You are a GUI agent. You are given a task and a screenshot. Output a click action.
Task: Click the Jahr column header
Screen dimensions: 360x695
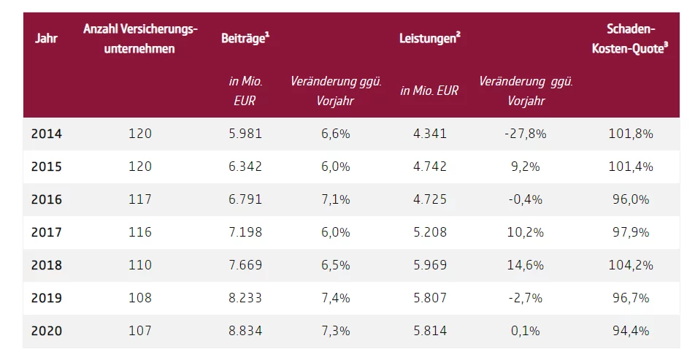point(46,38)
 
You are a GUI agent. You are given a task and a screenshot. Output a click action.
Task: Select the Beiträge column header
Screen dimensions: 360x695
point(245,38)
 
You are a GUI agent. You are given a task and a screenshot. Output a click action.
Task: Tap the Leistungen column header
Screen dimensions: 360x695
point(429,38)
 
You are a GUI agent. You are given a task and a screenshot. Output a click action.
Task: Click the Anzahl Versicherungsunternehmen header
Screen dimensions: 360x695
point(140,38)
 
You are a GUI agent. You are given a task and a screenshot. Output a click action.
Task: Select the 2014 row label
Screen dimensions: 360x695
point(47,134)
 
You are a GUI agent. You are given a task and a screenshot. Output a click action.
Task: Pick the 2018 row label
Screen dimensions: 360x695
point(47,265)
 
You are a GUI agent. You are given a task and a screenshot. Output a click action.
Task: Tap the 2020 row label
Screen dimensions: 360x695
point(47,331)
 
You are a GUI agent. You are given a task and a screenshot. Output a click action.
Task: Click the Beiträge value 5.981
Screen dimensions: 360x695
point(245,134)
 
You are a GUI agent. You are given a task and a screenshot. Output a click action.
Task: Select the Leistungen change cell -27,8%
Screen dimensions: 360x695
point(526,134)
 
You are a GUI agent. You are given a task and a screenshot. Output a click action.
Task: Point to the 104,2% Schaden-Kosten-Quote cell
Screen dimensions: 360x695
point(631,265)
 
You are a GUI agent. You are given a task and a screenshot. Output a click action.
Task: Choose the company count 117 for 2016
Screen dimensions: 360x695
point(140,199)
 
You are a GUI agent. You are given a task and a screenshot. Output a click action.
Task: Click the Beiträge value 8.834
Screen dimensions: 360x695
point(245,331)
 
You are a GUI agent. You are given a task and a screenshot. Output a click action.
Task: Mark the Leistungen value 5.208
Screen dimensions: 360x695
point(429,232)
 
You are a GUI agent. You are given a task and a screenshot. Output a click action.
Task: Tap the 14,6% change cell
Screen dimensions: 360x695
point(526,265)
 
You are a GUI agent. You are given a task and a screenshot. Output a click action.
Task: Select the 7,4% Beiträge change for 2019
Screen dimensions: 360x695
point(336,298)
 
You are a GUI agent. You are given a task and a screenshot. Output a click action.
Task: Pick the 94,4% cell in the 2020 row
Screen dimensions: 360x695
point(631,331)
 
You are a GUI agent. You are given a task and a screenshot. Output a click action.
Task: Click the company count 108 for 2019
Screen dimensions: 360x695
point(140,298)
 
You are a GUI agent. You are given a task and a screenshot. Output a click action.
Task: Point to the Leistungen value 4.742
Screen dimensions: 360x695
point(429,166)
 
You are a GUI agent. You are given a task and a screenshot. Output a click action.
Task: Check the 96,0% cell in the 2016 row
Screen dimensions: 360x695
point(631,199)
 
